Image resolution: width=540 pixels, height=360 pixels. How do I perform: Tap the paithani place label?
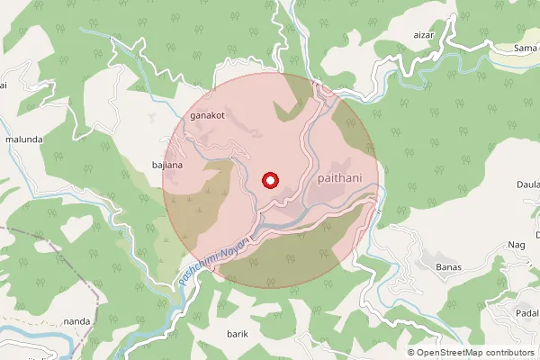(340, 179)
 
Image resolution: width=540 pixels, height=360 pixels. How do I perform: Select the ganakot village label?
(206, 116)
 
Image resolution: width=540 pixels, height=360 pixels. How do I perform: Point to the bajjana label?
(168, 166)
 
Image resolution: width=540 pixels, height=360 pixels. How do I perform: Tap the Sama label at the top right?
(525, 47)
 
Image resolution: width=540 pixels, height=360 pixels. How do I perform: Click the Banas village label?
(448, 266)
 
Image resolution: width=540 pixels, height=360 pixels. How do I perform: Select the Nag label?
(517, 244)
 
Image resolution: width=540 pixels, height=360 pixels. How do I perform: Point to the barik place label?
(238, 333)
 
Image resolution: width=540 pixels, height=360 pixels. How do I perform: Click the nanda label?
(77, 321)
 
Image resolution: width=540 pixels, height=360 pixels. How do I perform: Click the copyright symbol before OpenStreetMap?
(411, 352)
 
